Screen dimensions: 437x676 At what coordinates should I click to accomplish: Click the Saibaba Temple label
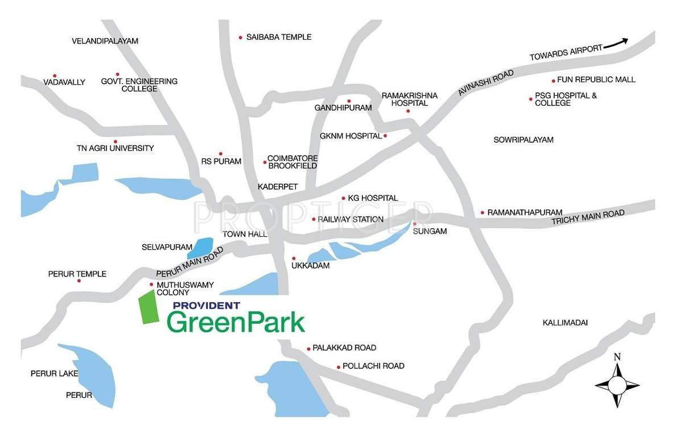click(279, 37)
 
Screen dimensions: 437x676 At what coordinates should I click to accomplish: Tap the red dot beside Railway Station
click(314, 219)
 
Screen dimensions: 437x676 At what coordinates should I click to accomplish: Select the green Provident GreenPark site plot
click(149, 308)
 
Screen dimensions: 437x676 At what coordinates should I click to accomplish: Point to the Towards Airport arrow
click(616, 44)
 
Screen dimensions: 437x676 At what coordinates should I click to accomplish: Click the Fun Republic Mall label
click(596, 80)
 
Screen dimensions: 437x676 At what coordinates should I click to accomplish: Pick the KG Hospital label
click(373, 198)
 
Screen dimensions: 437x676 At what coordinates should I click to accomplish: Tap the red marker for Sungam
click(414, 224)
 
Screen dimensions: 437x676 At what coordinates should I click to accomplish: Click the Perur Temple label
click(77, 274)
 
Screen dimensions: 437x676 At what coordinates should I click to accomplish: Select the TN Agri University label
click(115, 149)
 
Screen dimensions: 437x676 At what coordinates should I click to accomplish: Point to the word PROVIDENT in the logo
click(207, 306)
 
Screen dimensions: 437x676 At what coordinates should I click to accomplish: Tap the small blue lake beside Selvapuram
click(200, 247)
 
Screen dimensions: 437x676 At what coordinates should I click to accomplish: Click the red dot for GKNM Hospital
click(385, 136)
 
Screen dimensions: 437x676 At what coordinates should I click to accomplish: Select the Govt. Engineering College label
click(139, 85)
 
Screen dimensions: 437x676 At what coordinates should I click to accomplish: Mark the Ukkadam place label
click(310, 266)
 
